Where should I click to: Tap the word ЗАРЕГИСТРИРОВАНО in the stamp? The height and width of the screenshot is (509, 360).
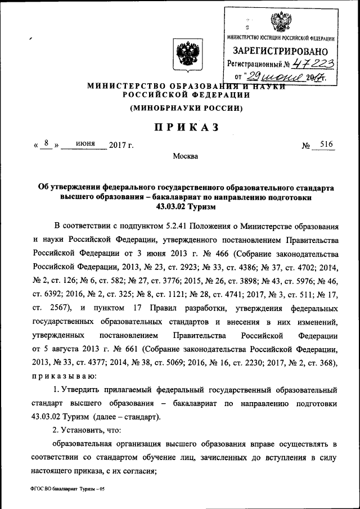281,52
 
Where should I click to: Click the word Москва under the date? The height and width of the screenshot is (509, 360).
186,156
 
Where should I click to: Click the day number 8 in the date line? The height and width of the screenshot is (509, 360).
49,145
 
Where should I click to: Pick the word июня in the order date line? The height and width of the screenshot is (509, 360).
84,145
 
